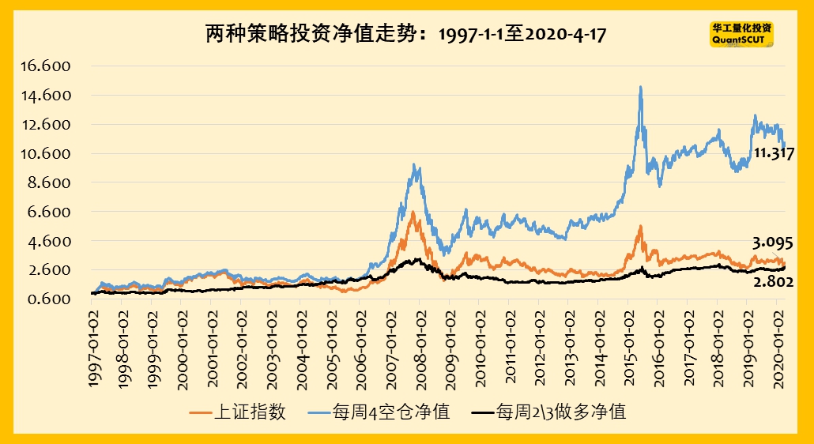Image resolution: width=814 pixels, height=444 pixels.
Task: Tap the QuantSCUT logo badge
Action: [x=741, y=33]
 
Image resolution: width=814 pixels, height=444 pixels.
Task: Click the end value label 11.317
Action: [x=773, y=154]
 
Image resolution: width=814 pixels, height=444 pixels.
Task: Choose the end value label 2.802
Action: [x=773, y=282]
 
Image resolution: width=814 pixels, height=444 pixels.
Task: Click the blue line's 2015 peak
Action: [x=640, y=87]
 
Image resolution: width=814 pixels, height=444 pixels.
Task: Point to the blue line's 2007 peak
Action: [x=416, y=165]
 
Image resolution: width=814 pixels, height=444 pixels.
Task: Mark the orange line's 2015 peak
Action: [x=640, y=227]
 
